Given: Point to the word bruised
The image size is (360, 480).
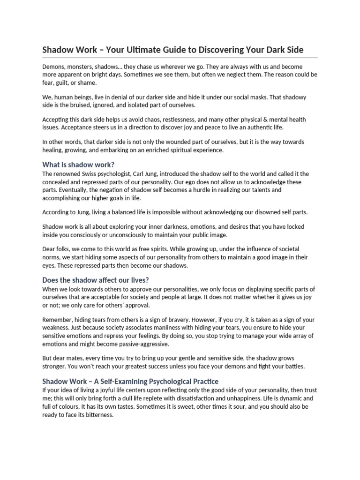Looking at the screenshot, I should click(82, 105).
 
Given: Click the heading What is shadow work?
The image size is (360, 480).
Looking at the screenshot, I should click(78, 165).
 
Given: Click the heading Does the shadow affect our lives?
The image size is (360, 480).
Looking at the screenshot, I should click(96, 280).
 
